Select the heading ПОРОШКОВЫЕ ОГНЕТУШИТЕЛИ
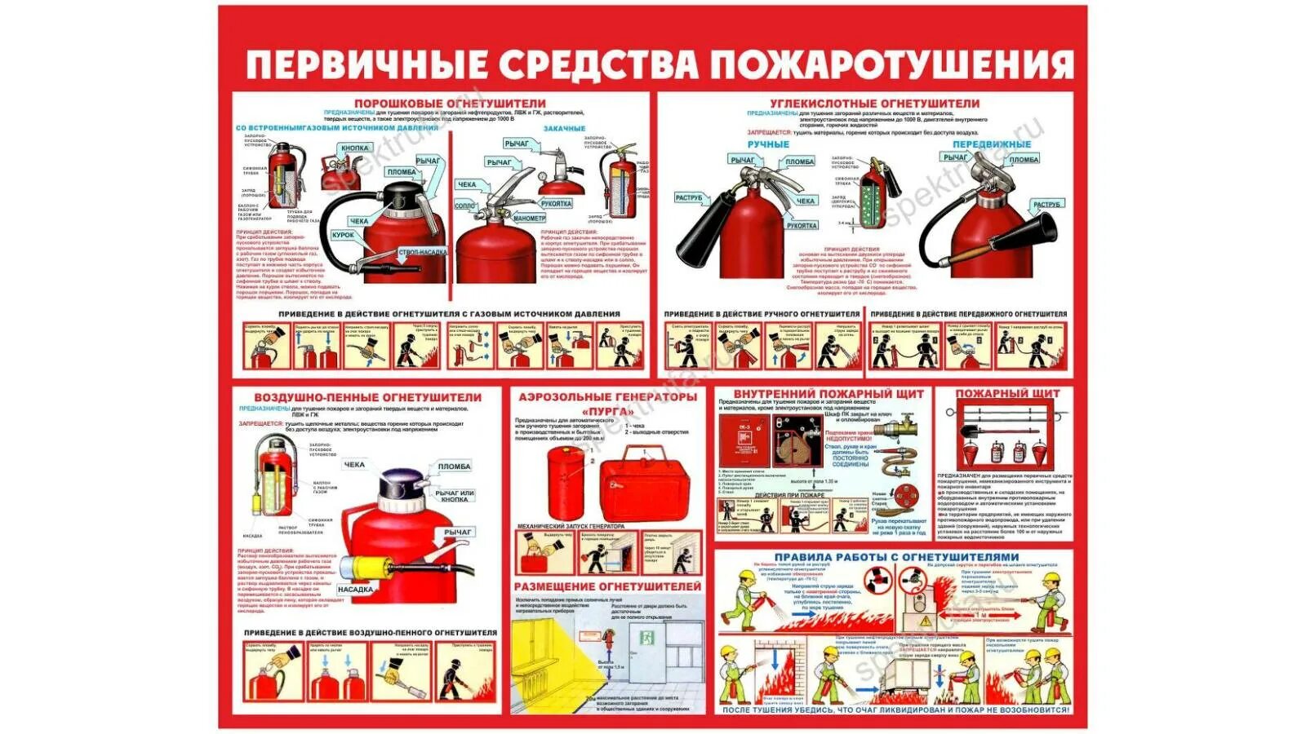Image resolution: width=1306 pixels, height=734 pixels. coord(450,104)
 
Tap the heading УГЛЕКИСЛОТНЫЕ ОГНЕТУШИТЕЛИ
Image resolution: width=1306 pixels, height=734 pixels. coord(874,104)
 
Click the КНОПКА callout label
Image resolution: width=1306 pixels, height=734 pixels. coord(354,148)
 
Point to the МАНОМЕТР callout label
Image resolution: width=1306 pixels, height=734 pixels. coord(529,219)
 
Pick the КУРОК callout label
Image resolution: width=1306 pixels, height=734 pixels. coord(343,235)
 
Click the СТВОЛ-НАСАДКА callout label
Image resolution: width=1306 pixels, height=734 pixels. coord(422,253)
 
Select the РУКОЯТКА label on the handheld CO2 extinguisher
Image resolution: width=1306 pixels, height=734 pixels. coord(802,226)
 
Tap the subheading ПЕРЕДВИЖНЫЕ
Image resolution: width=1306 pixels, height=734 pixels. coord(992,144)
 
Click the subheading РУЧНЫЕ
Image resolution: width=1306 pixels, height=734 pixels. coord(768,144)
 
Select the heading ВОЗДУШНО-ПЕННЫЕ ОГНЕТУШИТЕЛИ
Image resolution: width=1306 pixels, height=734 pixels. coord(367,397)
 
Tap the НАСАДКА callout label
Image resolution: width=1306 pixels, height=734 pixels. coord(355,589)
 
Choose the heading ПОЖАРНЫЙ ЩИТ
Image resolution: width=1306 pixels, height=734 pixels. coord(1007,393)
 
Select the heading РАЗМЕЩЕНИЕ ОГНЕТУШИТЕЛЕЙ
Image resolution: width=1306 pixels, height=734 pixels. coord(606,586)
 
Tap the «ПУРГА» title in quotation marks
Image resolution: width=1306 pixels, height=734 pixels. coord(607,411)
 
